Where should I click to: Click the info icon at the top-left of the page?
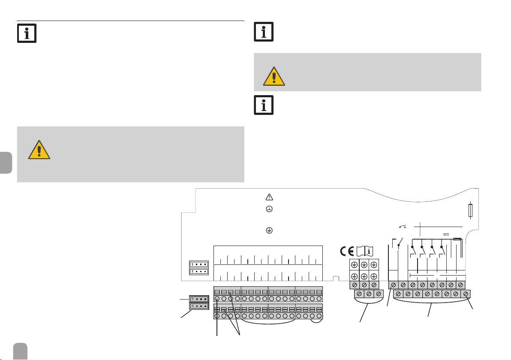click(27, 33)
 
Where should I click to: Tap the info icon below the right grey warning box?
click(264, 105)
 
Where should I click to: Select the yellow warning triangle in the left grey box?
click(39, 150)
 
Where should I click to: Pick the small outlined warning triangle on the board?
click(269, 197)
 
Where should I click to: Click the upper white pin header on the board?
click(198, 264)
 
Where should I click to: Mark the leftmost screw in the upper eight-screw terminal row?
click(393, 285)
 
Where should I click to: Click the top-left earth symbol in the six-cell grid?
click(355, 265)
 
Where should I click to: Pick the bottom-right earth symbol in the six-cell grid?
click(374, 276)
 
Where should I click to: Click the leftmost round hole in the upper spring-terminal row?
click(217, 299)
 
